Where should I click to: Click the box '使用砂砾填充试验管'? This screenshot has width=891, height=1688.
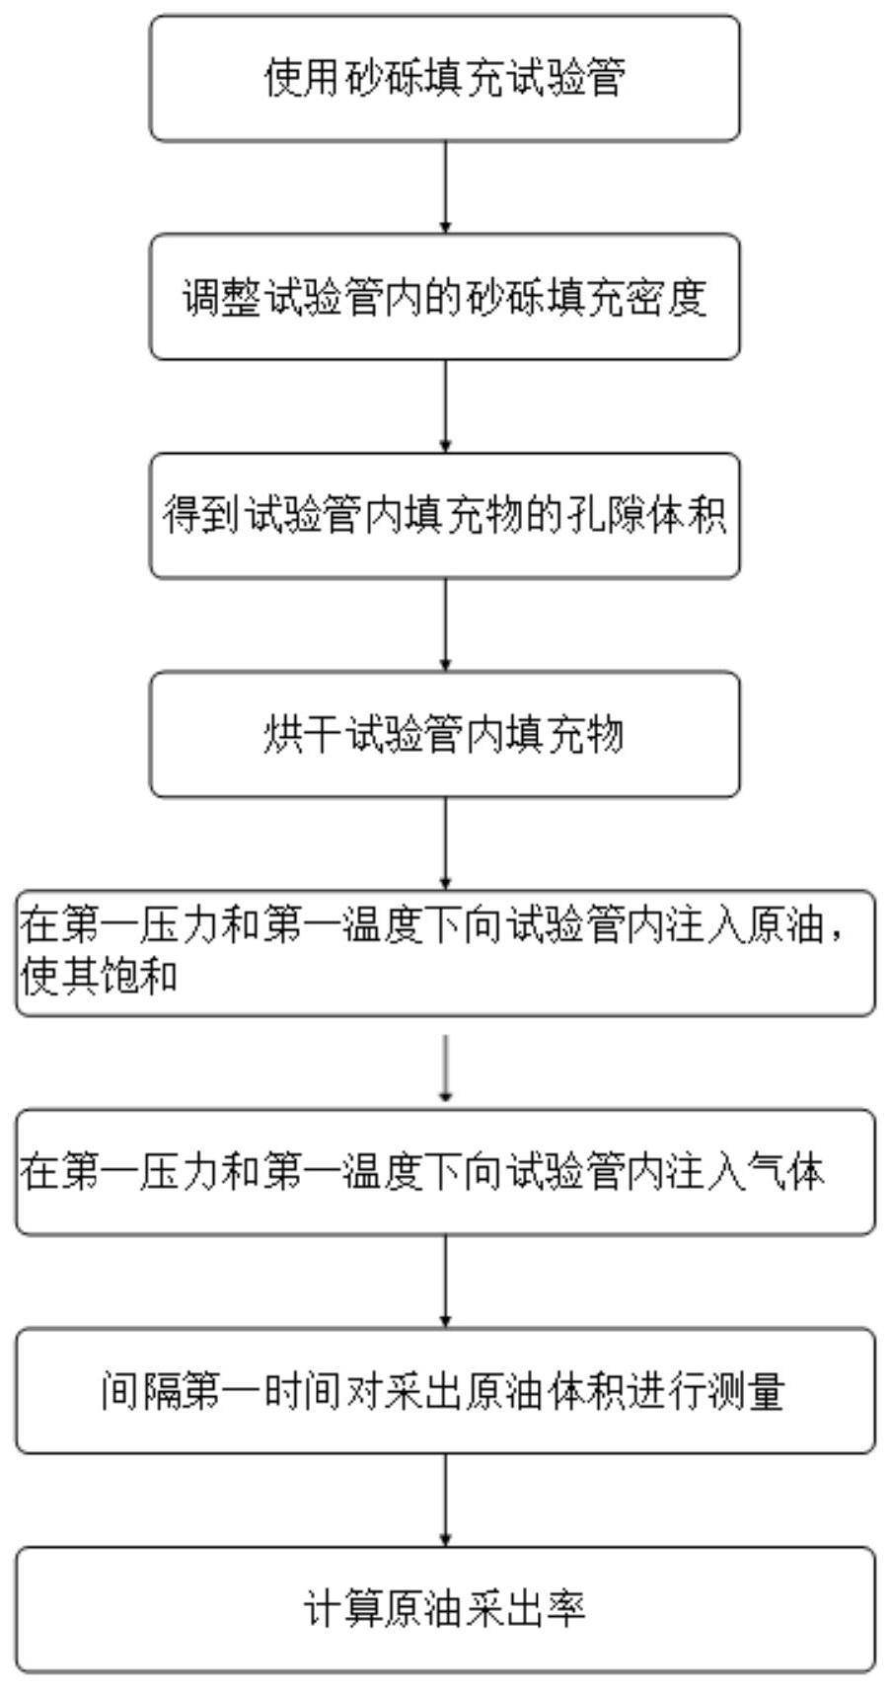444,78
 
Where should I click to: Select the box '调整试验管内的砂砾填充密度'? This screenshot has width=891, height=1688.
444,297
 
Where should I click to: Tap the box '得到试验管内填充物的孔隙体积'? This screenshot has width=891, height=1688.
444,516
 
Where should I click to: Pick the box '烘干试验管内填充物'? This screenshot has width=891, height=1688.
444,735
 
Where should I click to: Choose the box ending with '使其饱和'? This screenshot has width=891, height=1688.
444,953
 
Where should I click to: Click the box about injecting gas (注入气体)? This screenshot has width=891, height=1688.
444,1172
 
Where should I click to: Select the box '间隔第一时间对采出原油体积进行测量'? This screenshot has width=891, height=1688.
444,1391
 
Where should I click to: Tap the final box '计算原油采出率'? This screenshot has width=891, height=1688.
444,1610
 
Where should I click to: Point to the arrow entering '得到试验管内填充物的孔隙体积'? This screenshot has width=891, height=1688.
445,406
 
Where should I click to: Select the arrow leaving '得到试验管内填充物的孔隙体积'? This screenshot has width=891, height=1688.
445,625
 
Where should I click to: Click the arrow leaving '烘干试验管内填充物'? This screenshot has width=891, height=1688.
445,844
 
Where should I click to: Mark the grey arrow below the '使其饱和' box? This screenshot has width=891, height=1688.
446,1065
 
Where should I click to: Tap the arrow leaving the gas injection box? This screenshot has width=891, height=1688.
445,1282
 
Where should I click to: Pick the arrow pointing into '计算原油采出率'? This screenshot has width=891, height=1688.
445,1501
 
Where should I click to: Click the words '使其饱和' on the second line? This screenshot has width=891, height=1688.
99,978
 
